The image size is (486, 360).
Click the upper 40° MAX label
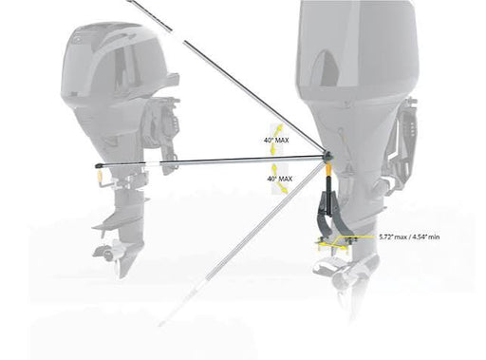pos(276,140)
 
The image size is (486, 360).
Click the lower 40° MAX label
pos(280,179)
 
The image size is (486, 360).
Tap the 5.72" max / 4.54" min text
pos(409,237)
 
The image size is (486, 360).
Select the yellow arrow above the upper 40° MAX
pos(279,129)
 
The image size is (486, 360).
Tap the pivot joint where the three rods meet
pos(327,156)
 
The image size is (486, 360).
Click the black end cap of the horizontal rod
pos(99,165)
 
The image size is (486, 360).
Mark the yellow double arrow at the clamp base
pos(332,246)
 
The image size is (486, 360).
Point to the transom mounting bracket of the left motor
pos(162,135)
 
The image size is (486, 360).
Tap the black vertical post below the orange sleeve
pos(329,193)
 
